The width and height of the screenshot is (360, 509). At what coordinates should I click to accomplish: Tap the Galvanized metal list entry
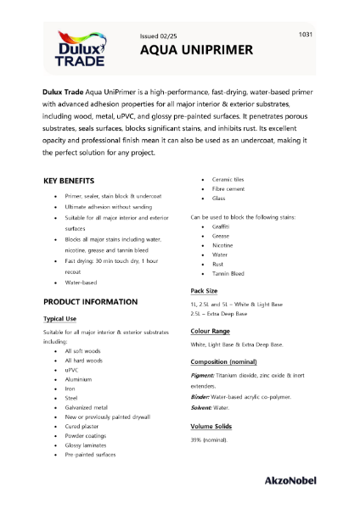click(x=85, y=406)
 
